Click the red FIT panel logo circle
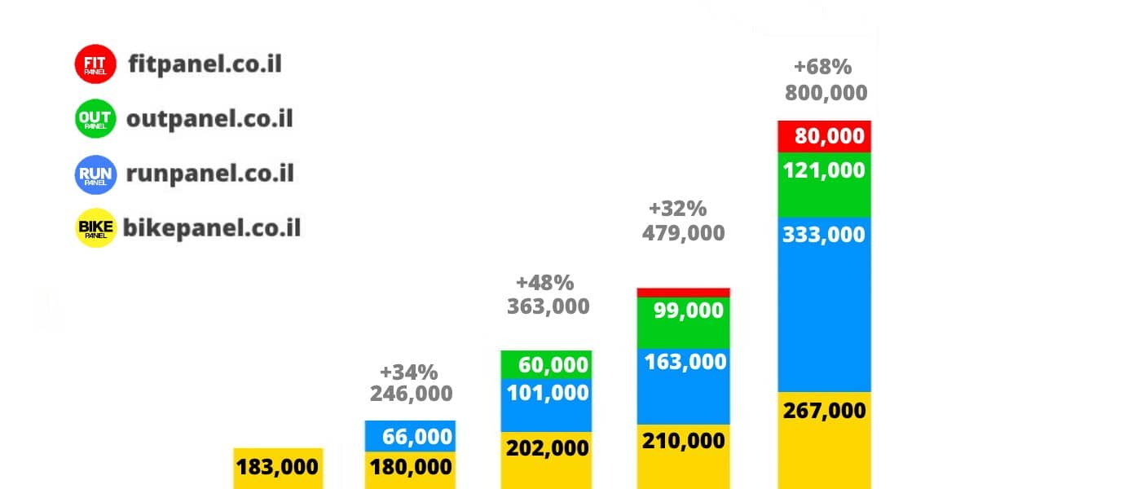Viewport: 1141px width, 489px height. [96, 64]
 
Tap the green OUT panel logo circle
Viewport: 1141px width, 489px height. [95, 120]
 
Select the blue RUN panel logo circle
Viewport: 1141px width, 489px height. [95, 174]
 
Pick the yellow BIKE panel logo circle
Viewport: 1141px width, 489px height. [95, 228]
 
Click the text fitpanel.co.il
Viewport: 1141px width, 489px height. [205, 64]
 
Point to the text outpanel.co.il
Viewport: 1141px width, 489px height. [209, 119]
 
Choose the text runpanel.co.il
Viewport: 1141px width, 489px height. [209, 174]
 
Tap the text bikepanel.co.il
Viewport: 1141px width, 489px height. [212, 228]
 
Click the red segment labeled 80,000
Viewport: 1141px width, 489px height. [825, 136]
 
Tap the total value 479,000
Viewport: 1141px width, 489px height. [683, 234]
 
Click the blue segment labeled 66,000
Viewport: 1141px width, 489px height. [410, 436]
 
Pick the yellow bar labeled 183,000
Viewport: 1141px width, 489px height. [278, 468]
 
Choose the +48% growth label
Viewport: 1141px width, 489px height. [544, 284]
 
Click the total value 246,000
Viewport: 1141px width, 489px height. [411, 394]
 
